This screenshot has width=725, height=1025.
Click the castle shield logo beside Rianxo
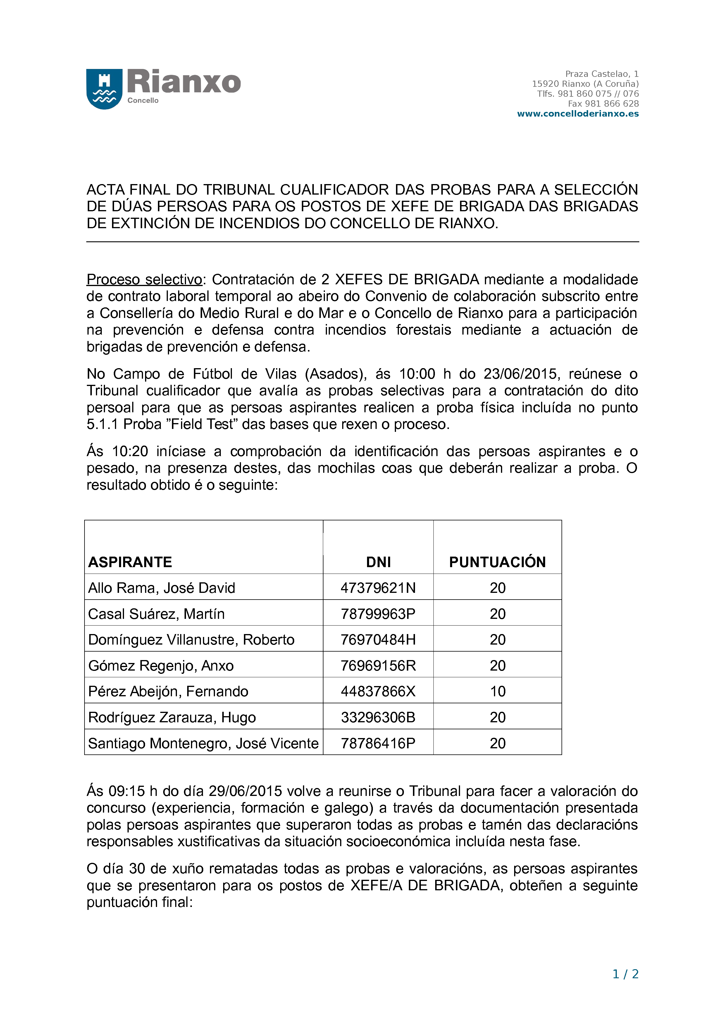pos(104,89)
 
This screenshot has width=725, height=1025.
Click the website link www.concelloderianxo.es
pos(578,114)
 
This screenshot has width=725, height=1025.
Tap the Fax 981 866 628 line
pos(603,103)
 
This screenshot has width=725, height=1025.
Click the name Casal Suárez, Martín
pos(156,614)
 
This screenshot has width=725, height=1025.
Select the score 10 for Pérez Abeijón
pos(497,692)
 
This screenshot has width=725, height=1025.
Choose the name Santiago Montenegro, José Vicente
pos(203,743)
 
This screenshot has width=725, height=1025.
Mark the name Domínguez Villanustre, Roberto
pos(191,640)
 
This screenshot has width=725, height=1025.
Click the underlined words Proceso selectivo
pos(144,279)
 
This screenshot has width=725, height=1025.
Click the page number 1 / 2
pos(625,974)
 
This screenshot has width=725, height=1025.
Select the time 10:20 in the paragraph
pos(130,451)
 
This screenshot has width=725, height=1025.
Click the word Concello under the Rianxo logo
pos(143,101)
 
